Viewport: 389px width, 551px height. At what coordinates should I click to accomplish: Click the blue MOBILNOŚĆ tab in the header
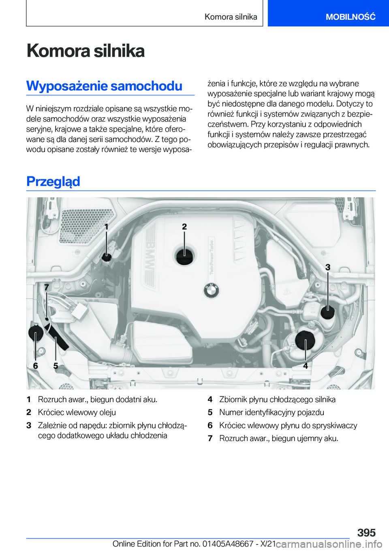pos(350,17)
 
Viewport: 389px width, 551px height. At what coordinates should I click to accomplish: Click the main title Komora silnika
pos(85,51)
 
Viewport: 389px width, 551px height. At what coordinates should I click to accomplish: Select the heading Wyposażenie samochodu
pos(104,86)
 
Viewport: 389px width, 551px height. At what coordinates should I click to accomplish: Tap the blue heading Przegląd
pos(53,181)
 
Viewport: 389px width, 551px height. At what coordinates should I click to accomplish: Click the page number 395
pos(366,532)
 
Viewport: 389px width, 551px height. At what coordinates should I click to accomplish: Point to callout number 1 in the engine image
pos(107,227)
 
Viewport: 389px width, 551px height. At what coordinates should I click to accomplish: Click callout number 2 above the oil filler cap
pos(184,227)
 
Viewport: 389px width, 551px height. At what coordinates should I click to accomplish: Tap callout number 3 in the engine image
pos(328,267)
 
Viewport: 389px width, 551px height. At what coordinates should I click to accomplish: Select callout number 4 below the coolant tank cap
pos(306,365)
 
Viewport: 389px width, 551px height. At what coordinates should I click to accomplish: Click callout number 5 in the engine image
pos(56,365)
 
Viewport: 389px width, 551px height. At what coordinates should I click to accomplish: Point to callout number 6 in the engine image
pos(36,365)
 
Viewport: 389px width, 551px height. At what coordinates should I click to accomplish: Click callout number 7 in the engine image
pos(47,287)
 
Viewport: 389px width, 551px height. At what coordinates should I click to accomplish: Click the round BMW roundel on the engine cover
pos(211,290)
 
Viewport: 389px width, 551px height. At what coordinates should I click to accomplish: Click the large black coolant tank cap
pos(305,341)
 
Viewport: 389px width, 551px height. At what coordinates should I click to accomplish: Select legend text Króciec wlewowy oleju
pos(77,412)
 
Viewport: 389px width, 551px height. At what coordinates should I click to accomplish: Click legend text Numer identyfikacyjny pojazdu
pos(271,412)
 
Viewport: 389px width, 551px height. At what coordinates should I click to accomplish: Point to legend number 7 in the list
pos(210,438)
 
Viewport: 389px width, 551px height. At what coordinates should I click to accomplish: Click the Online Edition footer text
pos(194,544)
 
